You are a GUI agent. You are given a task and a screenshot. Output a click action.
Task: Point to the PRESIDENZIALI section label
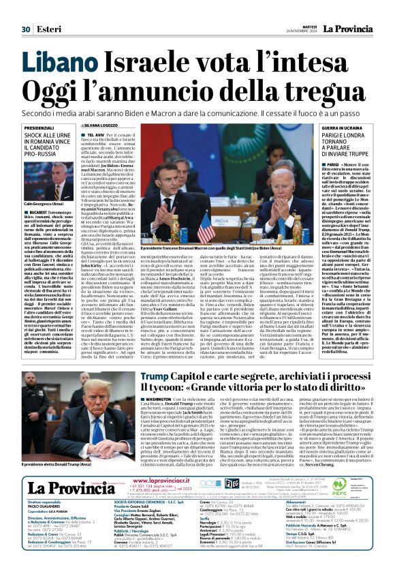click(x=39, y=128)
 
